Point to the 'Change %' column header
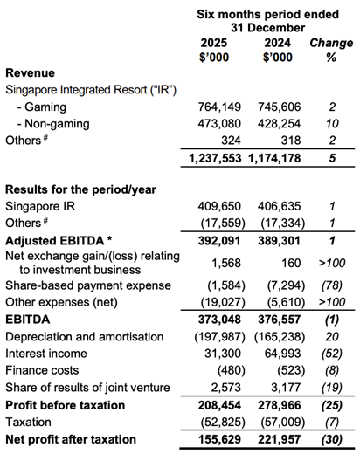331,50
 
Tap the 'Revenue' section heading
30,72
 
